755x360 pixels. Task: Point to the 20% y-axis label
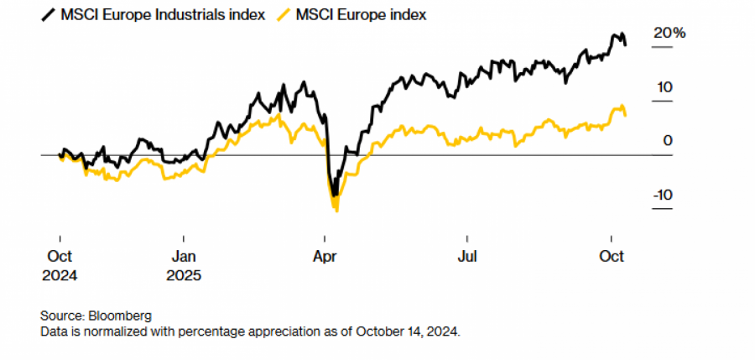coord(669,34)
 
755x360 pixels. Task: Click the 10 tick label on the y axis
coord(664,87)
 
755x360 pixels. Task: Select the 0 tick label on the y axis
coord(668,141)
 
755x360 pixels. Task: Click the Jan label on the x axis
coord(184,257)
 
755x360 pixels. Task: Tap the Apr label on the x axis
coord(324,257)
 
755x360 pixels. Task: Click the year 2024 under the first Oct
coord(60,274)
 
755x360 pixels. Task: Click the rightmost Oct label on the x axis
coord(612,257)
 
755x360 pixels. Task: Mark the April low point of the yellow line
coord(336,210)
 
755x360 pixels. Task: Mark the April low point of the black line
coord(334,195)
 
